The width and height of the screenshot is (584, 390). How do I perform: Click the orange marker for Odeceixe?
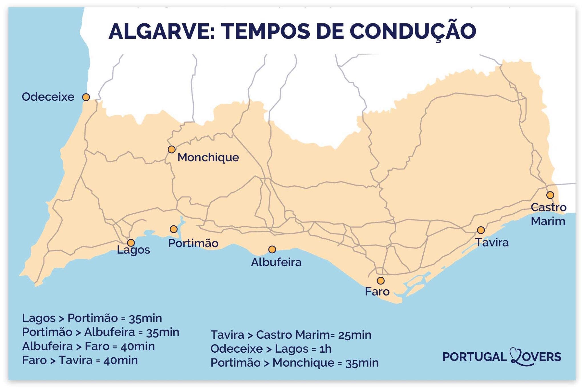coord(86,97)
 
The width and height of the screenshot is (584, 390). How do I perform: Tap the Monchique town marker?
coord(171,149)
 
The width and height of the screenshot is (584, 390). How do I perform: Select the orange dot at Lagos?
coord(131,243)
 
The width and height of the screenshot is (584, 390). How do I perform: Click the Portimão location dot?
coord(173,229)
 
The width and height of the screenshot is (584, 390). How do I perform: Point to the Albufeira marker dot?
coord(272,249)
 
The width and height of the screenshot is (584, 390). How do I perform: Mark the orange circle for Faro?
coord(380,280)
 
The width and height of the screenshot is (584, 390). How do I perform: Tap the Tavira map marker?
coord(481,230)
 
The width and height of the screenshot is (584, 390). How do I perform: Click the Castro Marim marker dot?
coord(550,195)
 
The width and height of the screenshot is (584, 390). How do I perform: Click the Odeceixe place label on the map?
coord(48,97)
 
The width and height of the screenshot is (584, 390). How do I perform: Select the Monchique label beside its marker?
coord(208,157)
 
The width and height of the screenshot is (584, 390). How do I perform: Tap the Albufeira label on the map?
coord(276,262)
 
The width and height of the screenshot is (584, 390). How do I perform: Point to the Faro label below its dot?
coord(377,292)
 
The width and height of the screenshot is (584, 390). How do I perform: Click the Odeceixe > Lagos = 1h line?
coord(271,349)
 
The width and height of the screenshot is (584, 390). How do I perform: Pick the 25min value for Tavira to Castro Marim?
coord(354,335)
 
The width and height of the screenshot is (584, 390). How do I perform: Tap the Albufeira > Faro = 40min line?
coord(88,346)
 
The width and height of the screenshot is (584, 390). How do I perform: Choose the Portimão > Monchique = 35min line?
coord(294,363)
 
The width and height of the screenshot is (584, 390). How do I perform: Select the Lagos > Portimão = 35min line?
coord(92,318)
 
